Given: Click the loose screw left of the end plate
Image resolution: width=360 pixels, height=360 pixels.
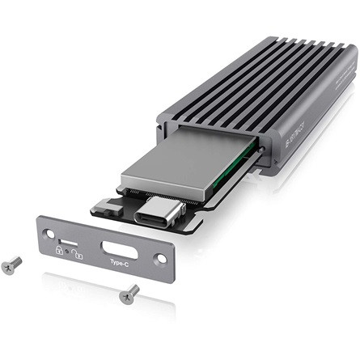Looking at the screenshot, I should pyautogui.click(x=11, y=265).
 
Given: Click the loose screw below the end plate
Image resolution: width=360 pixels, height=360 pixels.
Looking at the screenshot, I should pyautogui.click(x=129, y=294).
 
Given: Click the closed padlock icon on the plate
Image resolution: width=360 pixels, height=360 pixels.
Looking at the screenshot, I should pyautogui.click(x=59, y=252).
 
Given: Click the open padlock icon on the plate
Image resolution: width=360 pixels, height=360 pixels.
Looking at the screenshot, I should pyautogui.click(x=75, y=254).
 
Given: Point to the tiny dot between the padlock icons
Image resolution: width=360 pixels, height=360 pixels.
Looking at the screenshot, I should pyautogui.click(x=67, y=252).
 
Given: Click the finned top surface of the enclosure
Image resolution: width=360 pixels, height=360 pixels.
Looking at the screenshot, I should pyautogui.click(x=259, y=81).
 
